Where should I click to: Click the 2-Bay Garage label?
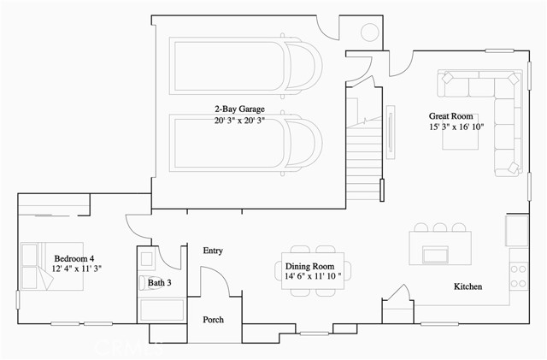coord(239,109)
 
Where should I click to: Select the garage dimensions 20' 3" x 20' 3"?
coord(239,121)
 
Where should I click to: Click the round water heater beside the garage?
coord(372,32)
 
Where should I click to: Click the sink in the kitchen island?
coord(435,254)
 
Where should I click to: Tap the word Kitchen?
coord(468,286)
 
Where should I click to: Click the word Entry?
coord(213,251)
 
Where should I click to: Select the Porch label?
coord(213,320)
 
